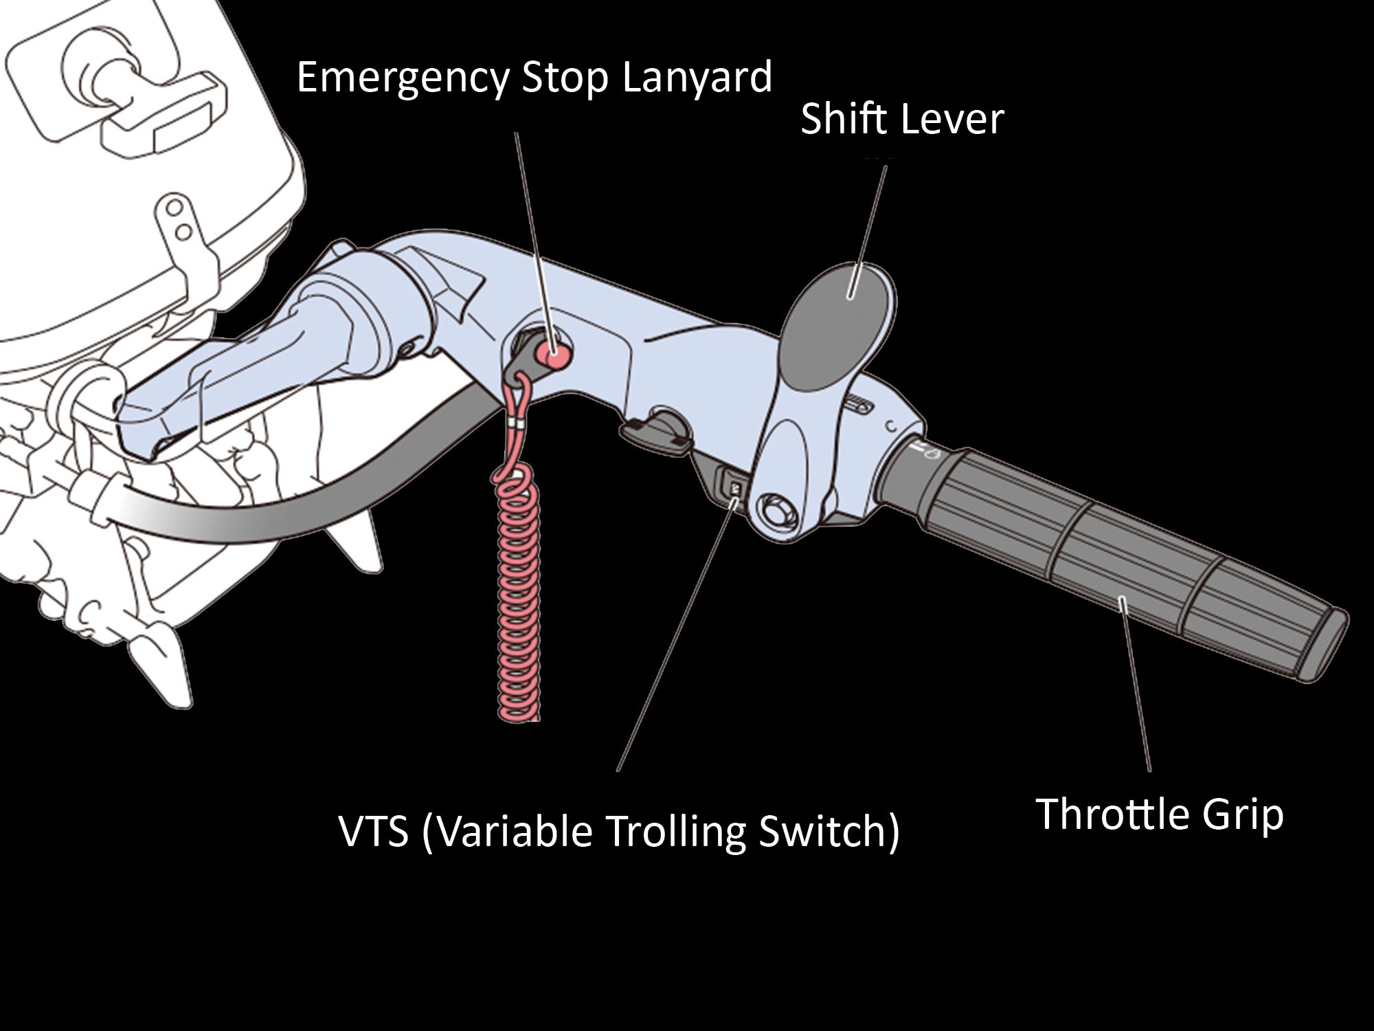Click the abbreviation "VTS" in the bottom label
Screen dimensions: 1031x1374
[x=374, y=831]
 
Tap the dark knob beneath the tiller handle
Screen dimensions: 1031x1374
[x=656, y=432]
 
